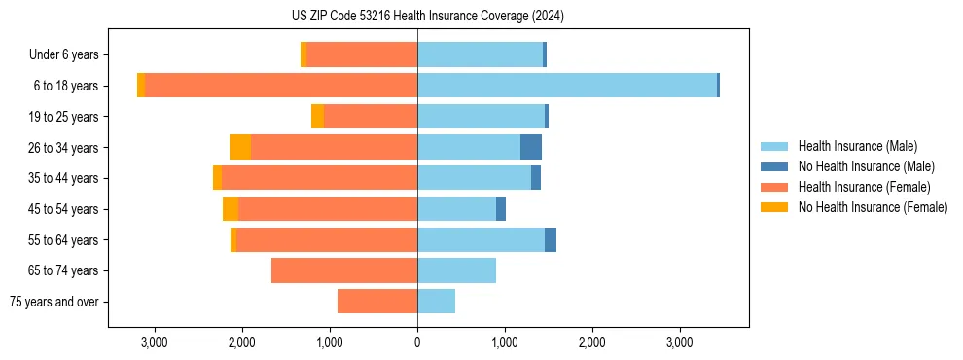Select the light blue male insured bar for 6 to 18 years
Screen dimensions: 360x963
point(567,86)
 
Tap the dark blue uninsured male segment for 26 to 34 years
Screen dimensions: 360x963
point(531,147)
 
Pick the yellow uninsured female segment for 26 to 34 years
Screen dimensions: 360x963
point(240,147)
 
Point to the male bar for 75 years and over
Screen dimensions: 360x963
point(437,302)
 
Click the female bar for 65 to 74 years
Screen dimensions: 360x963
point(344,270)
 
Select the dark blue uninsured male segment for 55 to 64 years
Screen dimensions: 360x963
point(551,239)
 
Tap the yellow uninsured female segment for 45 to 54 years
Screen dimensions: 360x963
point(231,208)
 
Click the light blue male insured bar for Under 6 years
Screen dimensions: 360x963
point(480,54)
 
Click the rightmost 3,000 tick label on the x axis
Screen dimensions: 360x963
point(679,342)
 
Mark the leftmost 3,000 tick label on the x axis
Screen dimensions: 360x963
point(155,342)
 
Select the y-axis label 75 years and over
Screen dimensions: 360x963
point(54,302)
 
